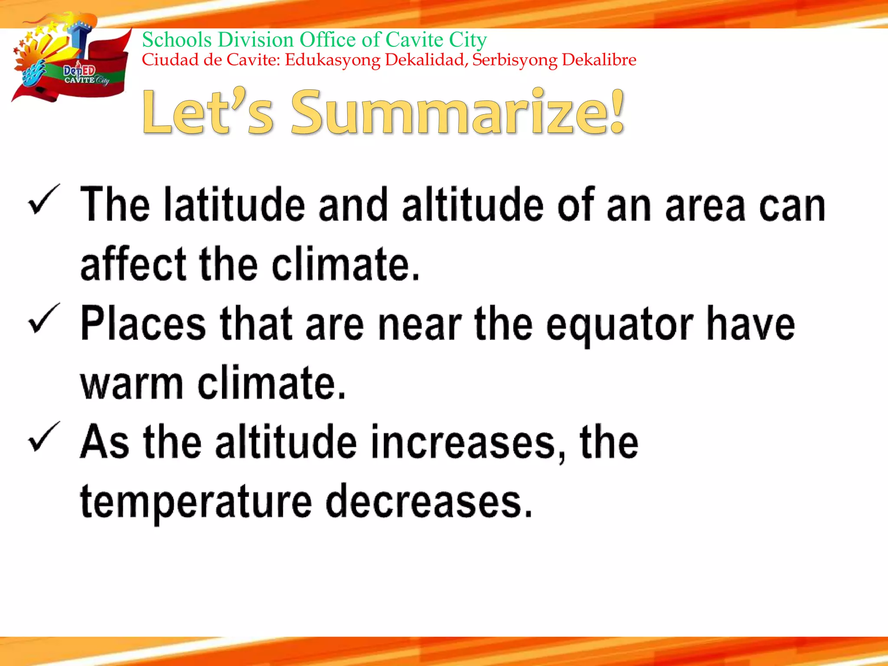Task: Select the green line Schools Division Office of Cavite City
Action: pyautogui.click(x=314, y=40)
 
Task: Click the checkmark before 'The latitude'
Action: pyautogui.click(x=43, y=200)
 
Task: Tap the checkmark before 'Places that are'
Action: pyautogui.click(x=43, y=320)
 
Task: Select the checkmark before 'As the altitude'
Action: pyautogui.click(x=43, y=438)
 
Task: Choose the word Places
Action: pyautogui.click(x=143, y=323)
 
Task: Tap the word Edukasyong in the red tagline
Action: pyautogui.click(x=333, y=60)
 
